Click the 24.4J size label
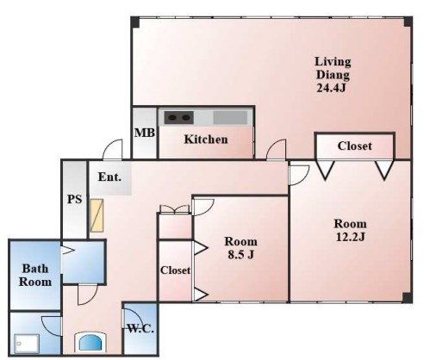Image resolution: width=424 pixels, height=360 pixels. [x=331, y=87]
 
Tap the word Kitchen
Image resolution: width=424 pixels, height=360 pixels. [x=206, y=140]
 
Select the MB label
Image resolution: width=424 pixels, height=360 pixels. [x=145, y=133]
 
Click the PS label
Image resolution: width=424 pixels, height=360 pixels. [x=74, y=199]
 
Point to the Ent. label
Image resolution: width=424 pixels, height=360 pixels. [x=109, y=177]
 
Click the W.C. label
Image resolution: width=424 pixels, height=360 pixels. [x=140, y=328]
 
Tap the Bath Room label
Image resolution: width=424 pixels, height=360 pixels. [x=35, y=276]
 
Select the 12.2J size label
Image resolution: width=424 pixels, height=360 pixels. [x=350, y=237]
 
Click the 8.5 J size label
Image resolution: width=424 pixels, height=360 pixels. [x=240, y=254]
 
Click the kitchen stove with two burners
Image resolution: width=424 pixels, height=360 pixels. [x=178, y=118]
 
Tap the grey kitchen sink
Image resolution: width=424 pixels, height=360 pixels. [x=230, y=118]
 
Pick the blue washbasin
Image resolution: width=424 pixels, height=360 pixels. [x=90, y=342]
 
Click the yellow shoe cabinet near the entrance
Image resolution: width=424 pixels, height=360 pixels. [x=97, y=215]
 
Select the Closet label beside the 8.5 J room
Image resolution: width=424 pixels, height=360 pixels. [x=175, y=270]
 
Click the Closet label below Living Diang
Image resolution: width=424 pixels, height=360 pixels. [x=354, y=146]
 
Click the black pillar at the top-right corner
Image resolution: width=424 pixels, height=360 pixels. [x=408, y=22]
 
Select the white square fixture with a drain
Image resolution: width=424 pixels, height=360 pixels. [x=27, y=344]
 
